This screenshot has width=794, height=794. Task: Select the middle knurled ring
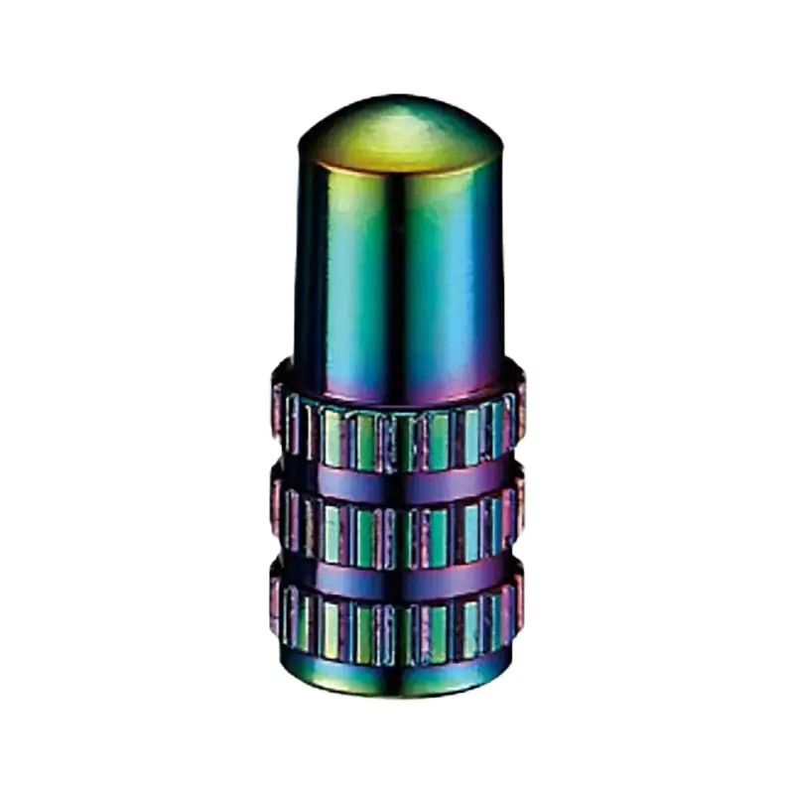[x=397, y=521]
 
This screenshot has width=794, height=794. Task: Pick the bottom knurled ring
[x=397, y=615]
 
